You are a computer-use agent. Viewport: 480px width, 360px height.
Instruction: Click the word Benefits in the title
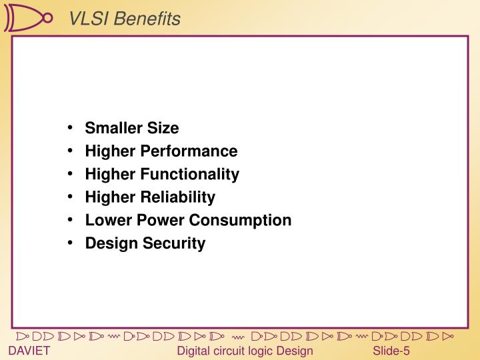pyautogui.click(x=146, y=19)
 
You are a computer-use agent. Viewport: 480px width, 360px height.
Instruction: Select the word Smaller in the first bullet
pyautogui.click(x=110, y=128)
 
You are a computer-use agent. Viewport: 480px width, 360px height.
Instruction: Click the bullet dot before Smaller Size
pyautogui.click(x=71, y=128)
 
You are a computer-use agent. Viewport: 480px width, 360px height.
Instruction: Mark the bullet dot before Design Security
pyautogui.click(x=71, y=243)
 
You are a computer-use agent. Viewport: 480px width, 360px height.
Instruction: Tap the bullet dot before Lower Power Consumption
pyautogui.click(x=71, y=220)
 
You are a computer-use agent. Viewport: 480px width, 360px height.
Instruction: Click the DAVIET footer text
pyautogui.click(x=29, y=351)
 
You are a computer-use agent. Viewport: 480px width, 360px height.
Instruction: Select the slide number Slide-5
pyautogui.click(x=391, y=351)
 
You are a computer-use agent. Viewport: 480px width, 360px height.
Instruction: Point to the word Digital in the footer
pyautogui.click(x=195, y=351)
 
